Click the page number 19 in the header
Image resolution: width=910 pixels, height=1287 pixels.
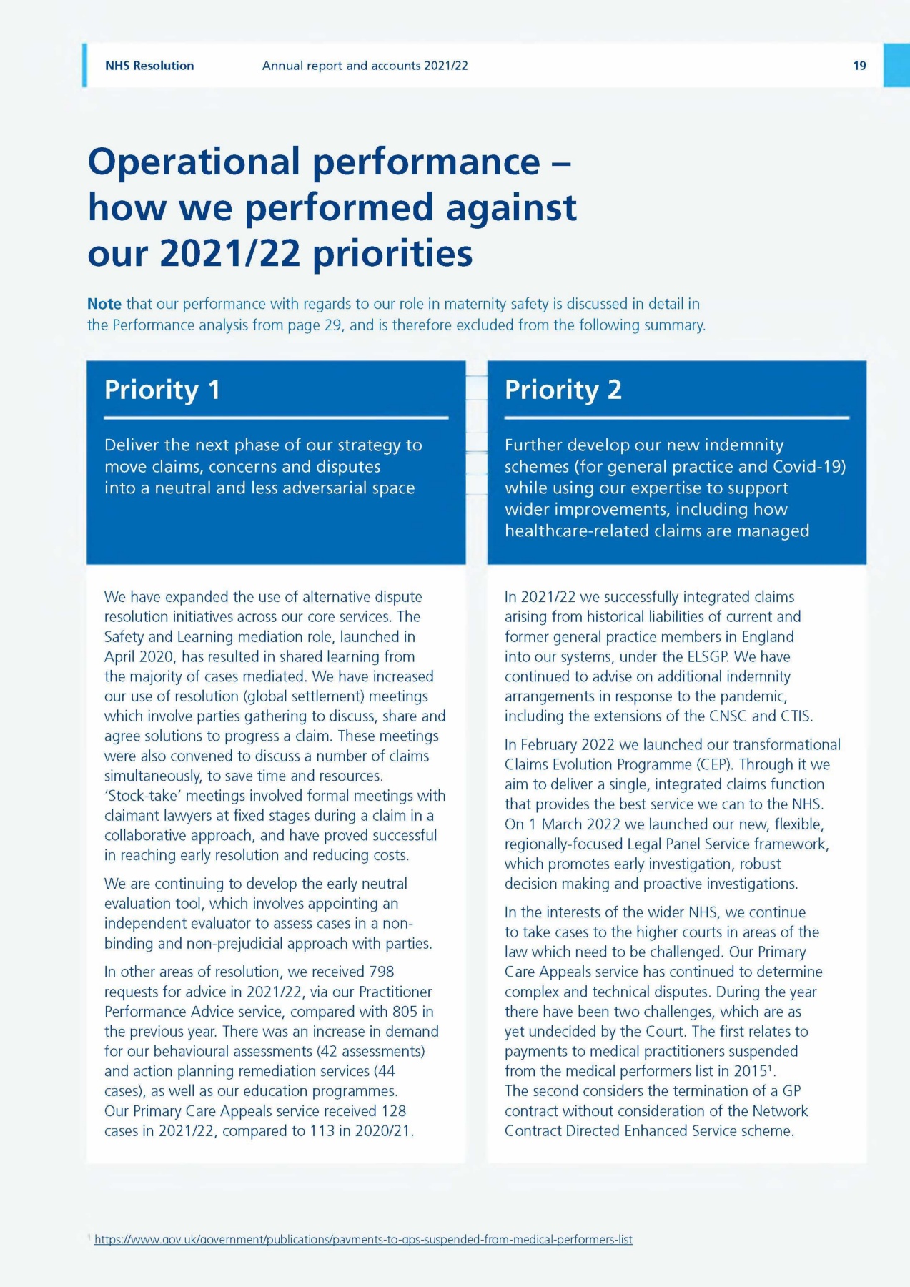(x=859, y=66)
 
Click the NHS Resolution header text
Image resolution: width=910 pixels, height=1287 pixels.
(x=149, y=66)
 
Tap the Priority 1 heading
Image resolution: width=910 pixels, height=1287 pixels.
(x=162, y=390)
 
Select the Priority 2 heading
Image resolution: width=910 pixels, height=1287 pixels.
(x=563, y=390)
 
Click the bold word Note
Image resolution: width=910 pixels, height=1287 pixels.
(x=104, y=304)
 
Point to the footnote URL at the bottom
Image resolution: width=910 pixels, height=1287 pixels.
(x=363, y=1239)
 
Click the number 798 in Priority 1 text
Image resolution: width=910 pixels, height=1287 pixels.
(x=381, y=972)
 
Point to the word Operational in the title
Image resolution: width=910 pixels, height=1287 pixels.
(x=194, y=162)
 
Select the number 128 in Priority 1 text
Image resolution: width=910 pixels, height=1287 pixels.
(x=393, y=1111)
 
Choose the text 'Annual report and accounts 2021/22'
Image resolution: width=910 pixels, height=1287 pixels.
(x=365, y=66)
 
